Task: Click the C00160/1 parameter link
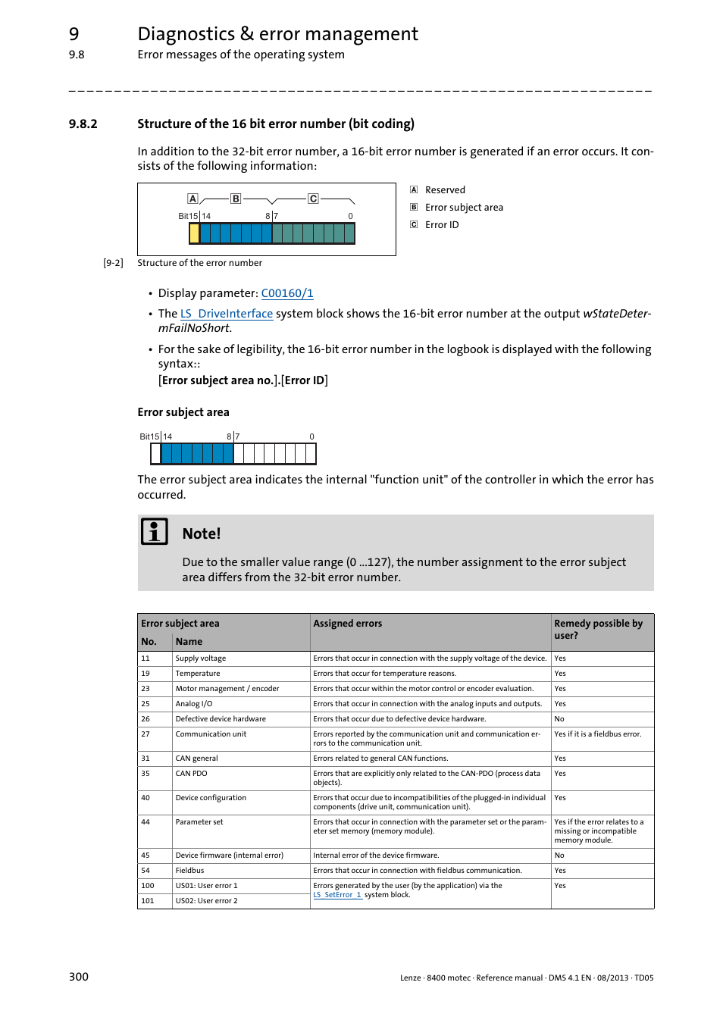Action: (x=286, y=293)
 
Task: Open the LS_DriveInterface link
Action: (x=226, y=314)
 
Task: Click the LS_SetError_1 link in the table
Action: (x=337, y=895)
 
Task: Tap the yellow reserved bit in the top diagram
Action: (x=194, y=233)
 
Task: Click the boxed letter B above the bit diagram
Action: (x=236, y=199)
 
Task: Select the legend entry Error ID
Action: (x=441, y=225)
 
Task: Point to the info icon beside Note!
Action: (x=155, y=532)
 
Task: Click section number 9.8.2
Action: (x=83, y=124)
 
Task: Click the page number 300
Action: (x=79, y=977)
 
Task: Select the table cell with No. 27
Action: (x=146, y=734)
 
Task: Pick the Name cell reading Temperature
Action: (x=198, y=674)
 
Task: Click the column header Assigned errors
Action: (x=347, y=624)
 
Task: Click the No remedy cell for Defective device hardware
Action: (x=559, y=719)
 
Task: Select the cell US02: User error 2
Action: (x=206, y=901)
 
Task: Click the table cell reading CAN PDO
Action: (x=191, y=774)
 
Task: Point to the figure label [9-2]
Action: (x=113, y=263)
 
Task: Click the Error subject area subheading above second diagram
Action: (x=183, y=412)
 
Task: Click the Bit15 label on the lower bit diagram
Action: (x=149, y=436)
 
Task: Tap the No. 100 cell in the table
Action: (x=147, y=886)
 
